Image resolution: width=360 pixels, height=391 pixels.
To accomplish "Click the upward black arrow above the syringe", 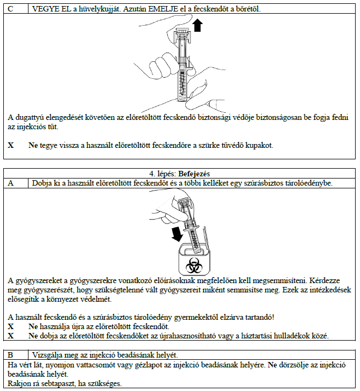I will (x=198, y=25).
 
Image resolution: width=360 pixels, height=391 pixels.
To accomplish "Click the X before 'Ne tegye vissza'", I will (x=11, y=146).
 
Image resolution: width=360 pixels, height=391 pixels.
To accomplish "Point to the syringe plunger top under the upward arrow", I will (x=181, y=34).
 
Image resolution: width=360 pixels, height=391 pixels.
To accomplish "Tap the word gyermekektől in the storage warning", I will (x=202, y=317).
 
